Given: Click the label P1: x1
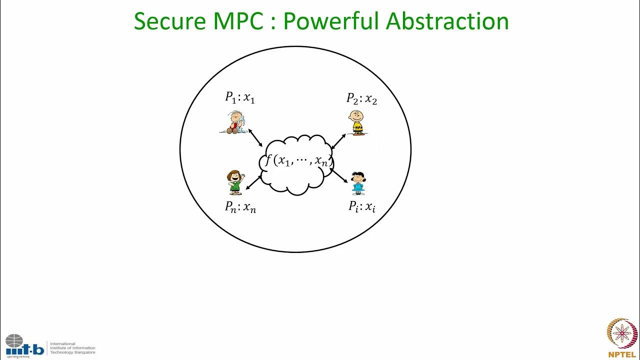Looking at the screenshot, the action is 240,97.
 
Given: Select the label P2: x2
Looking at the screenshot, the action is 362,98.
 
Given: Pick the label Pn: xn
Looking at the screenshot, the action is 240,207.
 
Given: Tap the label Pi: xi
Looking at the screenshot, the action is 362,206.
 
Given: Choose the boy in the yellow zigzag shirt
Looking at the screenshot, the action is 356,123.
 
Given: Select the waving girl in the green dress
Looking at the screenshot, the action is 235,182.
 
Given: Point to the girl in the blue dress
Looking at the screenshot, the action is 358,183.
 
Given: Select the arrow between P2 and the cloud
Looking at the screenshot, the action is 339,141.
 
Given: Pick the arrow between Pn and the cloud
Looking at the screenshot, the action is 254,182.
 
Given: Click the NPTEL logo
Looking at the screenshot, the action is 622,338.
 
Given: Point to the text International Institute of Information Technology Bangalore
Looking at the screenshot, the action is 72,348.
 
